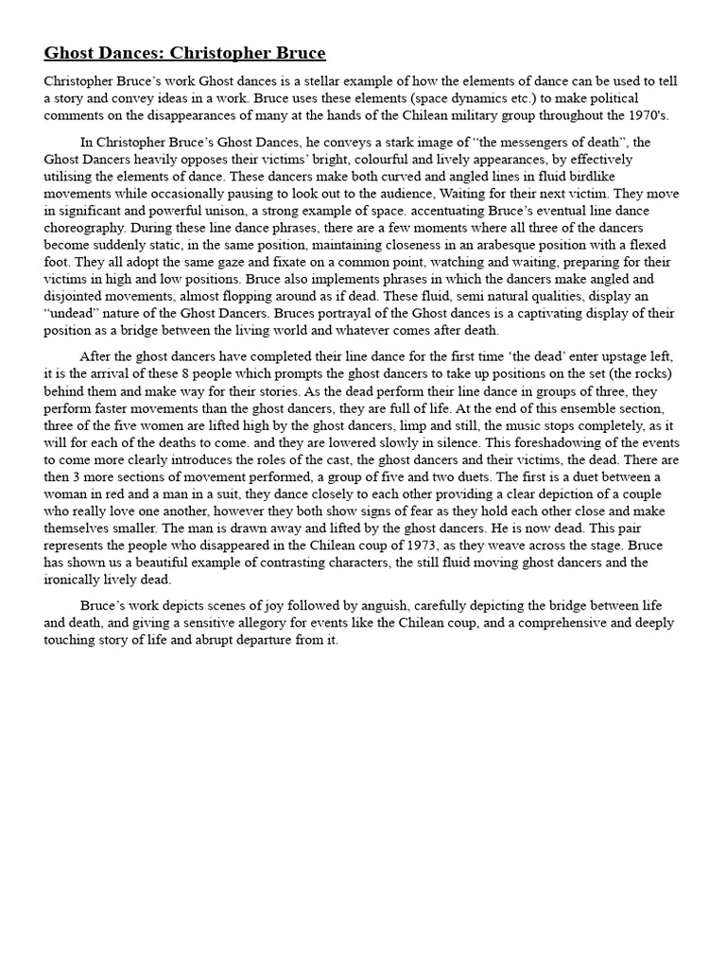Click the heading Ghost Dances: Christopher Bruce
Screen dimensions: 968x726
[x=184, y=53]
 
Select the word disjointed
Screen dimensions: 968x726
[x=78, y=296]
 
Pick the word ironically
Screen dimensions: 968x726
[x=80, y=579]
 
